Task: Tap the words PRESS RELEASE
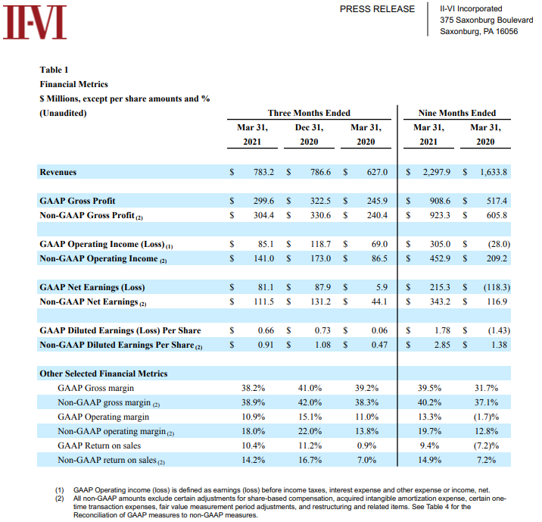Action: coord(377,9)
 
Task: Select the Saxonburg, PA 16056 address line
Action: coord(478,31)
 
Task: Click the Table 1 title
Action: coord(55,70)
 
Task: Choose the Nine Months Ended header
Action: coord(457,113)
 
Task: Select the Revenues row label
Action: coord(58,172)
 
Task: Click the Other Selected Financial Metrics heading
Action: coord(104,374)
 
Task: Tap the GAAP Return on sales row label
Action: coord(97,445)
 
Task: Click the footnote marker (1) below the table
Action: coord(59,491)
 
